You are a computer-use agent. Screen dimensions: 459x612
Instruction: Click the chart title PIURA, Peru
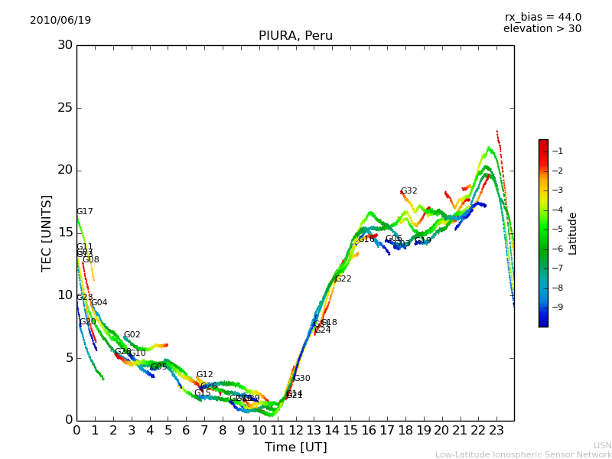(x=295, y=36)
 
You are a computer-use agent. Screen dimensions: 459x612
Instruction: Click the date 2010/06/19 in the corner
(x=60, y=21)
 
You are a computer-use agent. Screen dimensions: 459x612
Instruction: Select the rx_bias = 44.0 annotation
(x=542, y=18)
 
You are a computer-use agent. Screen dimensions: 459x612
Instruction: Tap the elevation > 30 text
(x=542, y=29)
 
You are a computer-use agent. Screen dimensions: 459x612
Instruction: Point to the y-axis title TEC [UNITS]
(x=47, y=233)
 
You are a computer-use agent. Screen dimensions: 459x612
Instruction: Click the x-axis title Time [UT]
(x=295, y=448)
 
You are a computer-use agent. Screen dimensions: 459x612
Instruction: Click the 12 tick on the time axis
(x=295, y=431)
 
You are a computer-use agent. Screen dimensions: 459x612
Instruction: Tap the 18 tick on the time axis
(x=405, y=431)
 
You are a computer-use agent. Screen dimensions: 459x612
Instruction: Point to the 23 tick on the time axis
(x=496, y=431)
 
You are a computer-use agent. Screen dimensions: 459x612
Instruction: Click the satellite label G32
(x=409, y=191)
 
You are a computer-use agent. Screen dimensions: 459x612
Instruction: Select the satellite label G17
(x=84, y=212)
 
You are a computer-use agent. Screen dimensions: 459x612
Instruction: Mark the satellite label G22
(x=343, y=279)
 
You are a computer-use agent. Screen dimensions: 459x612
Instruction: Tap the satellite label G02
(x=132, y=335)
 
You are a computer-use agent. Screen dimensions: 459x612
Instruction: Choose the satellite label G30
(x=301, y=379)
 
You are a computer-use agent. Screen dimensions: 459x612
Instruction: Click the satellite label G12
(x=204, y=375)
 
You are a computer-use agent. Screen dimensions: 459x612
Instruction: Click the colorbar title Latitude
(x=573, y=233)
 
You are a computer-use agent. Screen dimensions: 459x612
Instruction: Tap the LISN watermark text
(x=602, y=445)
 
